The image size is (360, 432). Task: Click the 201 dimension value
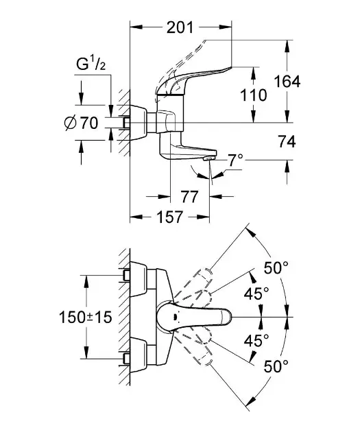pos(180,27)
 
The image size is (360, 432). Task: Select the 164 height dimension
pos(287,82)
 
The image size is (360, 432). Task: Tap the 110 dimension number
pos(254,95)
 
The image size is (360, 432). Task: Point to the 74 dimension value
pos(287,142)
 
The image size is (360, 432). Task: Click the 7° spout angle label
pos(235,160)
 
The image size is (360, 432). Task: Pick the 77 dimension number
pos(189,197)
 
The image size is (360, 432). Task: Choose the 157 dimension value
pos(169,217)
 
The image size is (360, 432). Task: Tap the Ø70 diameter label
pos(81,123)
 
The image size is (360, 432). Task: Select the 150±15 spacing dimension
pos(86,317)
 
